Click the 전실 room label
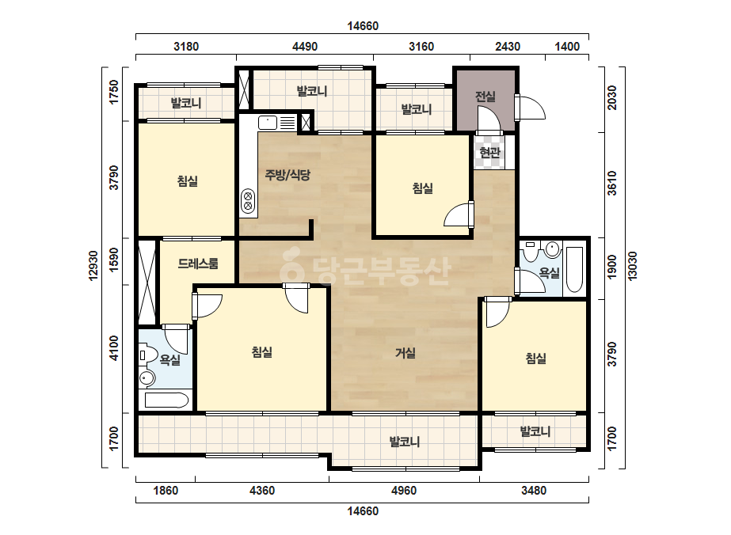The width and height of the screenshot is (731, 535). pyautogui.click(x=485, y=97)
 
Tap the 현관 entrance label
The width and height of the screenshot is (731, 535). pyautogui.click(x=489, y=152)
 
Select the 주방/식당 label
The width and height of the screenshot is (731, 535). pyautogui.click(x=287, y=175)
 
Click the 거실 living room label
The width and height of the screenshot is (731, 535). pyautogui.click(x=405, y=353)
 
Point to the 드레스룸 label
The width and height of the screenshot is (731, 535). pyautogui.click(x=198, y=264)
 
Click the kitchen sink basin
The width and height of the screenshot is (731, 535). pyautogui.click(x=268, y=123)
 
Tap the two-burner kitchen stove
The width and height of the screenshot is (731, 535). pyautogui.click(x=248, y=200)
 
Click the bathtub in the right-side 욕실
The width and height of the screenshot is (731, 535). pyautogui.click(x=574, y=270)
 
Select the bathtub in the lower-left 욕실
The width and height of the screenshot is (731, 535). pyautogui.click(x=166, y=400)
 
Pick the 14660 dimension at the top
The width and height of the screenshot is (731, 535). pyautogui.click(x=363, y=26)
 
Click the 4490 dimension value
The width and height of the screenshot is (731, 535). pyautogui.click(x=305, y=47)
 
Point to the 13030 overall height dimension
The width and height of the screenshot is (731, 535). pyautogui.click(x=633, y=266)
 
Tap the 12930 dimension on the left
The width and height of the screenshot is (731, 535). pyautogui.click(x=93, y=266)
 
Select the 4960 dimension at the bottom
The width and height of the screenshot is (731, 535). pyautogui.click(x=404, y=490)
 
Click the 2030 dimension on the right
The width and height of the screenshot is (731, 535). pyautogui.click(x=611, y=98)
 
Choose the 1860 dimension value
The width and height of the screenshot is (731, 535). pyautogui.click(x=166, y=490)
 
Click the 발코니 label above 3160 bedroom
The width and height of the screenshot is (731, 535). pyautogui.click(x=417, y=109)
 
